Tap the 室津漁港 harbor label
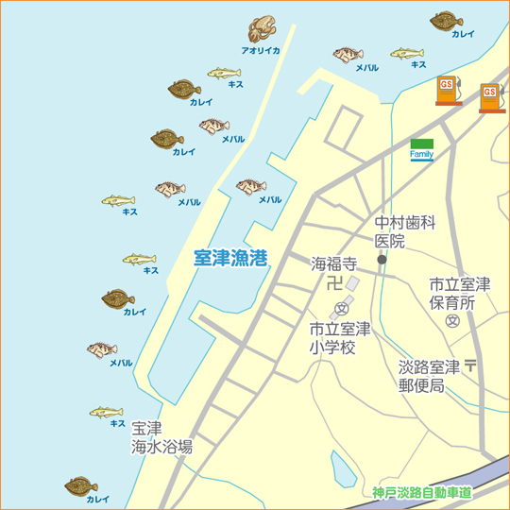click(x=229, y=257)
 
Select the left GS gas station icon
click(x=448, y=90)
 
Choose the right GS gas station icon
click(x=489, y=96)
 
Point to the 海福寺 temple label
click(x=334, y=263)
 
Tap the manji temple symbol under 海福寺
click(x=334, y=282)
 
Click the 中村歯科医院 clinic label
click(x=404, y=232)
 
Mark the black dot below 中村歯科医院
click(x=382, y=258)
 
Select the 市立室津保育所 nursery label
click(x=459, y=294)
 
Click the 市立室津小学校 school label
click(x=340, y=338)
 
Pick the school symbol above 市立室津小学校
click(x=342, y=309)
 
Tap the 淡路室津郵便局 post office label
click(x=428, y=376)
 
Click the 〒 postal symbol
click(x=470, y=365)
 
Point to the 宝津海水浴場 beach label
click(x=161, y=438)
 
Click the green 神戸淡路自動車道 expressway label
click(x=421, y=492)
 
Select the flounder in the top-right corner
click(x=446, y=20)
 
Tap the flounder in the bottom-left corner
click(x=81, y=485)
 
